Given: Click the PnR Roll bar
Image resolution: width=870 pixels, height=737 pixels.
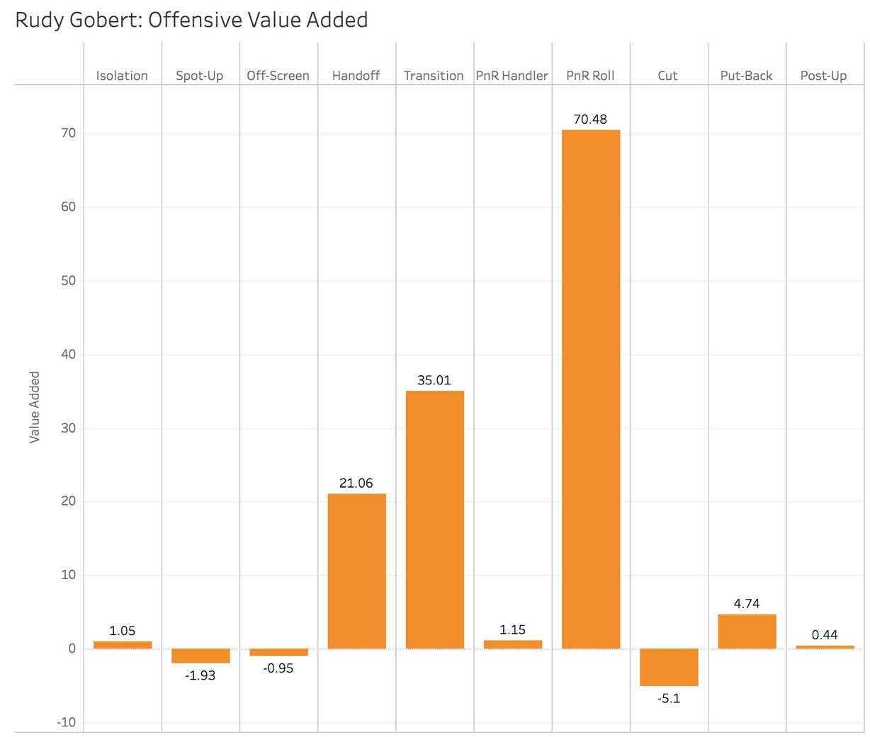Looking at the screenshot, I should coord(590,389).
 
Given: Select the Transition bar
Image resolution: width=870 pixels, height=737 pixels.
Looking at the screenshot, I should coord(434,520).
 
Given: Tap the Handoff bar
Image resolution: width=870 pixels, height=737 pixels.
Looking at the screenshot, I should coord(356,571).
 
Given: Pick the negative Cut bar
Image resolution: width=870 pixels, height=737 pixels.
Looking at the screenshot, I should coord(668,667).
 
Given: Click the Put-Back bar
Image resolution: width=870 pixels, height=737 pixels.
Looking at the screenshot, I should coord(747,632).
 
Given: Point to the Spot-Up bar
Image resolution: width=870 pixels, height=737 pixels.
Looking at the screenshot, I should coord(200,656).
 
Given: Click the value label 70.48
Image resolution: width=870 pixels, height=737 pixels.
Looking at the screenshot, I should coord(590,120).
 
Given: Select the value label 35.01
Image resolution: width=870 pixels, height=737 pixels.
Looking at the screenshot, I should coord(434,380).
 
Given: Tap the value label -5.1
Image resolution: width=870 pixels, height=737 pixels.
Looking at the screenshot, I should coord(669,699).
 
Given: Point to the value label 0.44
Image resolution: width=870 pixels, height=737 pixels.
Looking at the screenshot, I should coord(825,635).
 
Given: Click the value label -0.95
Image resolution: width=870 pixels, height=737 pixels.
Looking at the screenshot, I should coord(278,668).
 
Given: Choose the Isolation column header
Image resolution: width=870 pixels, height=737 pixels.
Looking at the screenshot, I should coord(122,76).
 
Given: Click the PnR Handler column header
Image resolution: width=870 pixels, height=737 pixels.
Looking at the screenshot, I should coord(512,76).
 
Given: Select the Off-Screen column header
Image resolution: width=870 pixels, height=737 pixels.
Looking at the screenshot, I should coord(278,76).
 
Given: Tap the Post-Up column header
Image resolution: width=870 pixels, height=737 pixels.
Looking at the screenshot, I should coord(823,76).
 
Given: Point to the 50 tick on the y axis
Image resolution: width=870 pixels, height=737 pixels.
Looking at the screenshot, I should coord(68,281).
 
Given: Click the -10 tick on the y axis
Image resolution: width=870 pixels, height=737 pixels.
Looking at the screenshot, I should coord(67,723).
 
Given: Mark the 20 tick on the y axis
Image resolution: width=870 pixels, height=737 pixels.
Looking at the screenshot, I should coord(68,501).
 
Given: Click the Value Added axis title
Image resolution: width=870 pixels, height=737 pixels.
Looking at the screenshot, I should coord(34,407).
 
